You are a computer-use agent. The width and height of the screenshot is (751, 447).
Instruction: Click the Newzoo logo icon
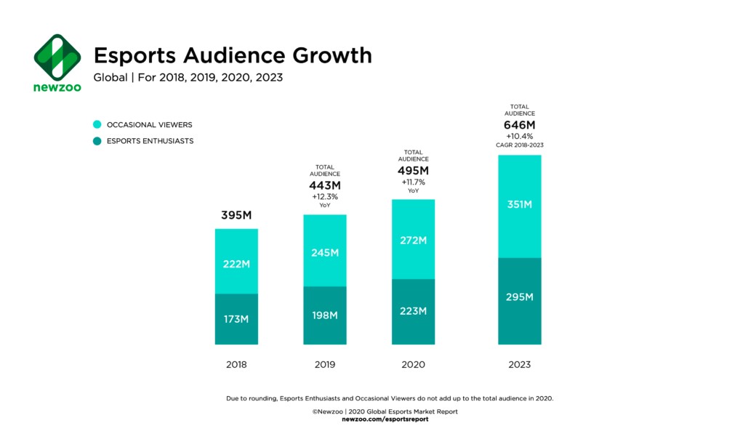[x=57, y=56]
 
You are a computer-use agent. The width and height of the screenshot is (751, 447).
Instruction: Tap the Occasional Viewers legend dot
[x=97, y=125]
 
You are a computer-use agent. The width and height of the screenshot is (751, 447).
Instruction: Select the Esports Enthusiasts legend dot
[x=97, y=141]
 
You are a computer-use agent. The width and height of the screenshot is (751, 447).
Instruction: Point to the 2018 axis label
[x=236, y=364]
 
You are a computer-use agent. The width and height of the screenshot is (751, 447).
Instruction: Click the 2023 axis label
[x=519, y=364]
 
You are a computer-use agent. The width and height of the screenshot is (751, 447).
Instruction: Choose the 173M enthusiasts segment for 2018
[x=236, y=319]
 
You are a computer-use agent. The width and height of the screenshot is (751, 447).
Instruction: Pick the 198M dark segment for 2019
[x=325, y=315]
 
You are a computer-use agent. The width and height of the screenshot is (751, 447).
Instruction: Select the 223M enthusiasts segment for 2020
[x=413, y=311]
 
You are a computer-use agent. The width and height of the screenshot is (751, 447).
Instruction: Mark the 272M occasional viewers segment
[x=413, y=239]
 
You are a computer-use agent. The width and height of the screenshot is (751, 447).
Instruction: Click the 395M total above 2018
[x=236, y=216]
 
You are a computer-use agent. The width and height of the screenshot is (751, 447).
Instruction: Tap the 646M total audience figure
[x=519, y=124]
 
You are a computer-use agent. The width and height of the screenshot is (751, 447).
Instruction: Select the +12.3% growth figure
[x=325, y=196]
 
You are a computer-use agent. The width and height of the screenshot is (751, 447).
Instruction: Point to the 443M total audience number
[x=325, y=185]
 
